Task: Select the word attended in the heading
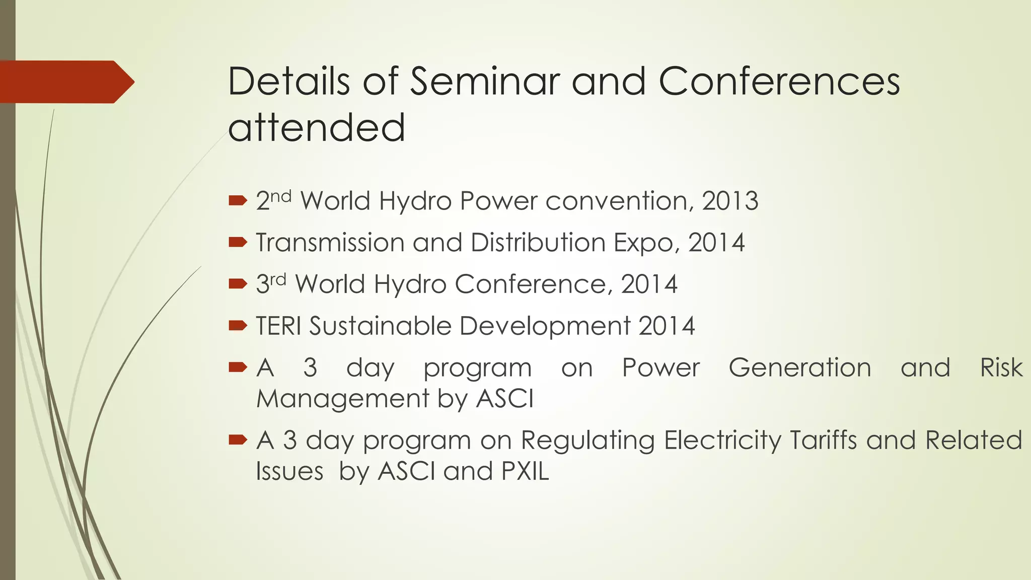pyautogui.click(x=316, y=127)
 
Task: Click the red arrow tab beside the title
pyautogui.click(x=65, y=82)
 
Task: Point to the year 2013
pyautogui.click(x=730, y=201)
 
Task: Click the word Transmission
pyautogui.click(x=330, y=243)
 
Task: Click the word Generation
pyautogui.click(x=799, y=368)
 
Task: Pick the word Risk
pyautogui.click(x=1001, y=368)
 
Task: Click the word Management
pyautogui.click(x=342, y=399)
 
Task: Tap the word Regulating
pyautogui.click(x=587, y=441)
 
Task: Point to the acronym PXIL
pyautogui.click(x=525, y=471)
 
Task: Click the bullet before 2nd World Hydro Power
pyautogui.click(x=237, y=201)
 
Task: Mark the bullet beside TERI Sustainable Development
pyautogui.click(x=237, y=326)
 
